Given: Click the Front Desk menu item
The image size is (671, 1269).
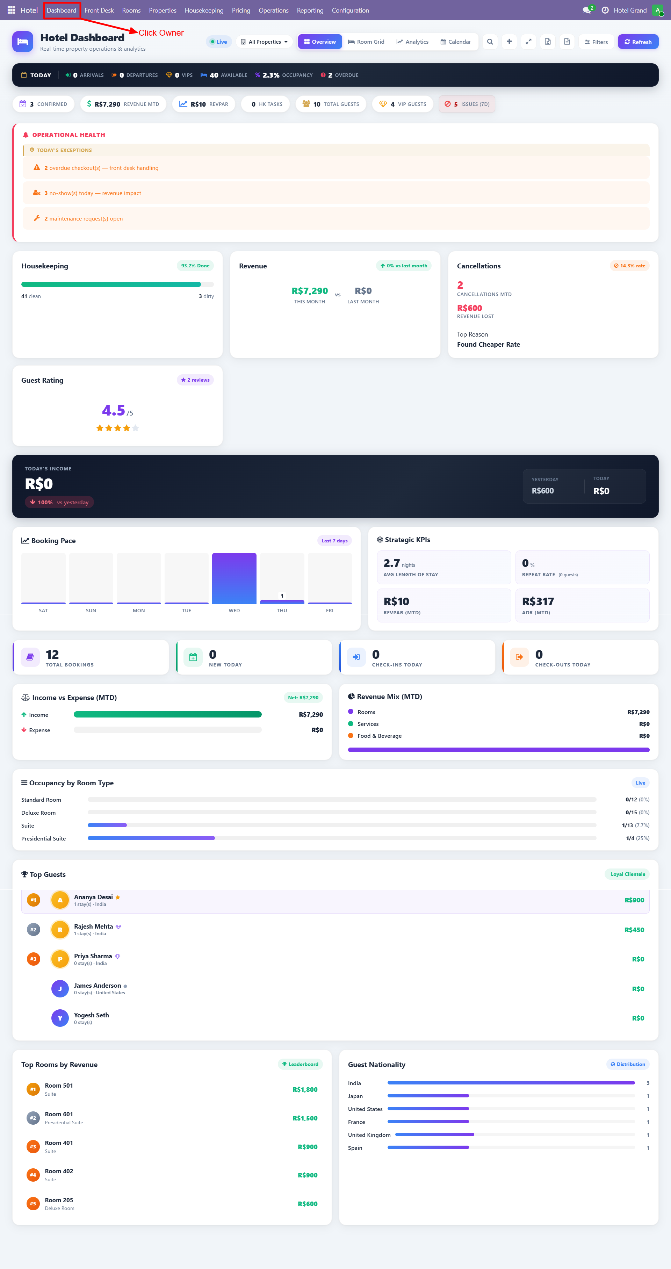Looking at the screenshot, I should click(x=99, y=10).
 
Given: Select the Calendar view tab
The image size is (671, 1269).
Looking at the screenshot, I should click(x=455, y=42).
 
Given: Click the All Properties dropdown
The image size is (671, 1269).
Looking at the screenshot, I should click(x=264, y=42).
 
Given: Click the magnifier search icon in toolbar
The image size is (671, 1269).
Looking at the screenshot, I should click(x=490, y=42).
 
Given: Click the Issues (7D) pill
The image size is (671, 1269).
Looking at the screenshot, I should click(x=467, y=104).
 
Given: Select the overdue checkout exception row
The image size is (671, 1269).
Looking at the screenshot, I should click(x=101, y=168).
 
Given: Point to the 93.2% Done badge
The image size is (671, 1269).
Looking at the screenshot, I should click(x=195, y=266).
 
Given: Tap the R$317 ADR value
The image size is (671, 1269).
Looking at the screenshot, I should click(x=537, y=601).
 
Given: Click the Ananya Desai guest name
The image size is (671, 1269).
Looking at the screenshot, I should click(x=93, y=897).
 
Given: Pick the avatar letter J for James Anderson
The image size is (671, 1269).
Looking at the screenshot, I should click(x=60, y=988).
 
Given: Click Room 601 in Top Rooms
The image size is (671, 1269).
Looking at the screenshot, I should click(x=59, y=1114).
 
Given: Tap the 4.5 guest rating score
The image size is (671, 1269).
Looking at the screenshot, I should click(x=113, y=410).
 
